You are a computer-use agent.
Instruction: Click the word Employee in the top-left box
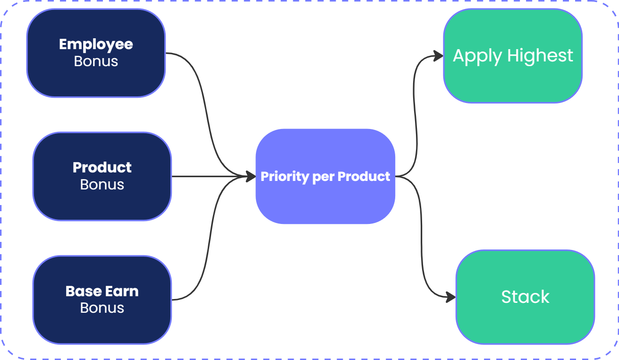[96, 45]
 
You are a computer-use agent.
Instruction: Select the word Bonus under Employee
[96, 61]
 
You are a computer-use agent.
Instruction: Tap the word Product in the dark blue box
[102, 168]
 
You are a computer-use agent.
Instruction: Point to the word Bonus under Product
[102, 184]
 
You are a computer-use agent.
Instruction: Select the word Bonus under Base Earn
[102, 308]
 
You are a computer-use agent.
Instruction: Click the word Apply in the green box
[477, 56]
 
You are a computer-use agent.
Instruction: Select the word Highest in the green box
[540, 55]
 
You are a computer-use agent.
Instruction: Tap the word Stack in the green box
[526, 297]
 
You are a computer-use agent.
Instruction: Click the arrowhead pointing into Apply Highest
[439, 56]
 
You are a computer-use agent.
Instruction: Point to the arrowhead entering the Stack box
[451, 297]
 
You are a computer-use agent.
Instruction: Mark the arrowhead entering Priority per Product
[251, 176]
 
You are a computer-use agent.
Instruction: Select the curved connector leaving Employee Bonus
[206, 111]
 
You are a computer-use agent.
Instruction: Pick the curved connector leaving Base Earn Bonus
[210, 238]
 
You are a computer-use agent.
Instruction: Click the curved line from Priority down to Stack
[421, 235]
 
